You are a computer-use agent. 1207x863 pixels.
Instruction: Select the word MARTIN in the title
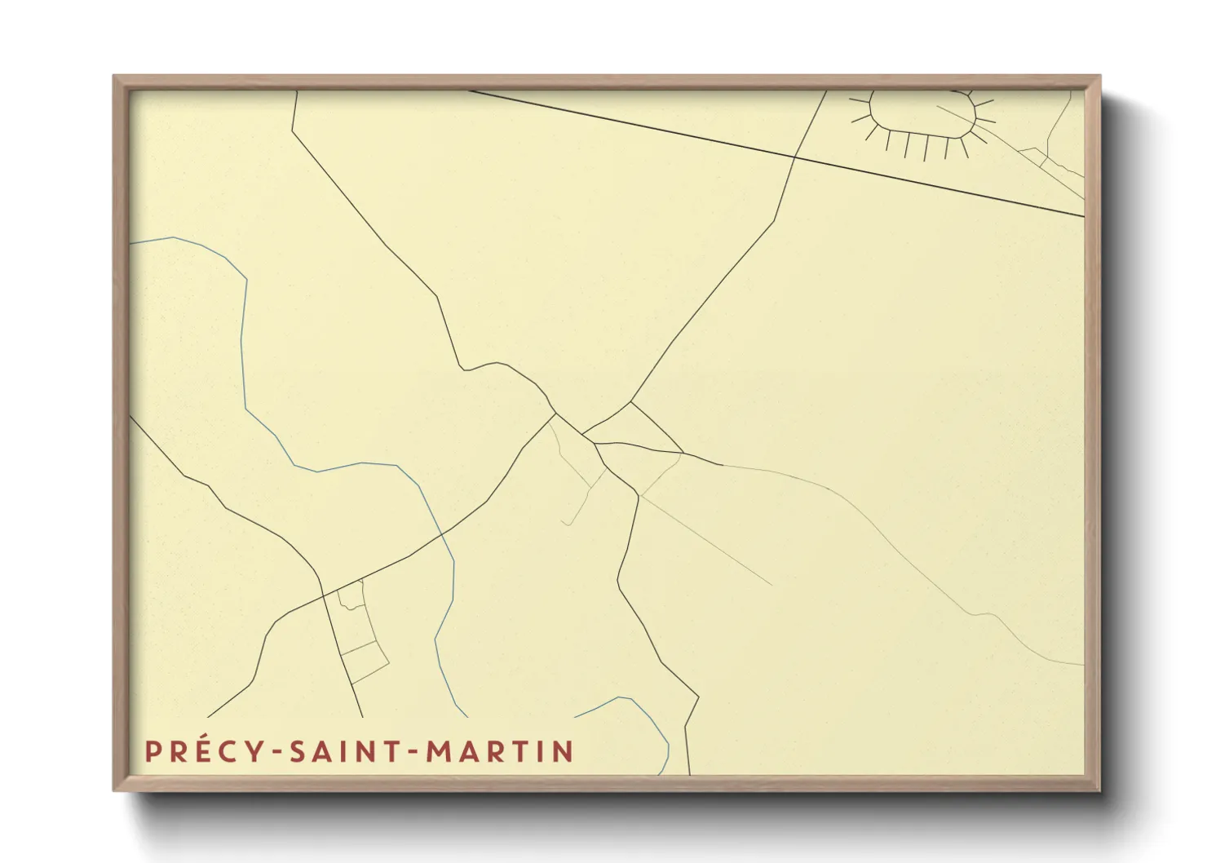(500, 751)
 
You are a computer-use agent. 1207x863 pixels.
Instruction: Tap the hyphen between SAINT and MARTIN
(415, 753)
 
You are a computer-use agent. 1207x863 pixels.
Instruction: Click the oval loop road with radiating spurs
(922, 114)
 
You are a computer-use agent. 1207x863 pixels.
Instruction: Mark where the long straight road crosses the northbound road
(795, 156)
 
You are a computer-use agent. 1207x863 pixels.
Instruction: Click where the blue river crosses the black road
(441, 534)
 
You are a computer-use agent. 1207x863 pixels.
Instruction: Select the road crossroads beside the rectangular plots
(324, 595)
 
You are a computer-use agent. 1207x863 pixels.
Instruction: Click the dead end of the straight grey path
(772, 585)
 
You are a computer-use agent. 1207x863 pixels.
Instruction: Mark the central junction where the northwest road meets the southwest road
(556, 414)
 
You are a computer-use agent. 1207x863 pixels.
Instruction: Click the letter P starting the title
(153, 751)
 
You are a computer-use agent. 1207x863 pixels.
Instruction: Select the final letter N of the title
(564, 751)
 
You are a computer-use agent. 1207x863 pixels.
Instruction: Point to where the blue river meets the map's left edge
(131, 243)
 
